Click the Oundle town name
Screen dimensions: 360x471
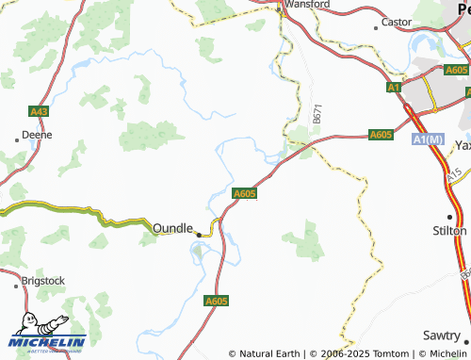click(x=172, y=228)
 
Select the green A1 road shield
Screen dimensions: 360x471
click(x=394, y=88)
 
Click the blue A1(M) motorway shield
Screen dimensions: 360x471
click(x=427, y=139)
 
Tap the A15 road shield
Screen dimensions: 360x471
click(x=454, y=176)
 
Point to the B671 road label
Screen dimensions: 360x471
click(x=317, y=115)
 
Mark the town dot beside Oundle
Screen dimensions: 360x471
click(x=198, y=231)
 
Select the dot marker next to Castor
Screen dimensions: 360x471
click(x=376, y=27)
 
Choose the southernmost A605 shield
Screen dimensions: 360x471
click(x=217, y=301)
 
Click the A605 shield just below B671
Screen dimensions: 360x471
click(x=381, y=135)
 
